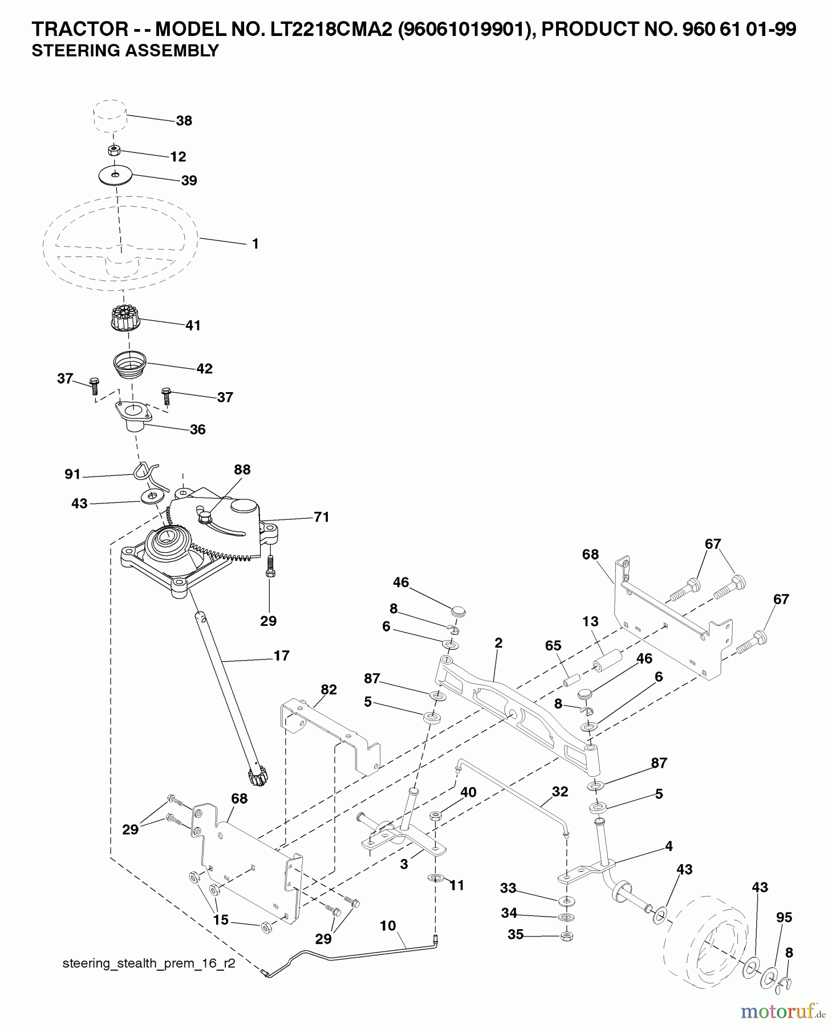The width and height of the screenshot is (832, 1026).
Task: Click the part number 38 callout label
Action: click(184, 121)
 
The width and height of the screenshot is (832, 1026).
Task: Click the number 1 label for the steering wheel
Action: click(255, 244)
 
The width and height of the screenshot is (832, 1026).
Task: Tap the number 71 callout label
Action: click(321, 517)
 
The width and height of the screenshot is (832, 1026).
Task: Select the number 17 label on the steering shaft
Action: click(281, 655)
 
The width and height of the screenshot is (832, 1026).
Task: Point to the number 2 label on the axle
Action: click(498, 643)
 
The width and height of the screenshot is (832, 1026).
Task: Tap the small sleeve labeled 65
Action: click(571, 681)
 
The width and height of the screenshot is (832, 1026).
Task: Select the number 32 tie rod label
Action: click(559, 791)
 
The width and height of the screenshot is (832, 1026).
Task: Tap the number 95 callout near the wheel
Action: click(784, 917)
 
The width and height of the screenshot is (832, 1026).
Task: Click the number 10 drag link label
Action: click(387, 926)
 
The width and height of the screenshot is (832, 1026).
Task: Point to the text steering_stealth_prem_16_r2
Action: click(148, 963)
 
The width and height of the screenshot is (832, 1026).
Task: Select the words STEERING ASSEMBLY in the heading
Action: click(125, 51)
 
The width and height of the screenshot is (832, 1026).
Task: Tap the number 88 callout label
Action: click(242, 470)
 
